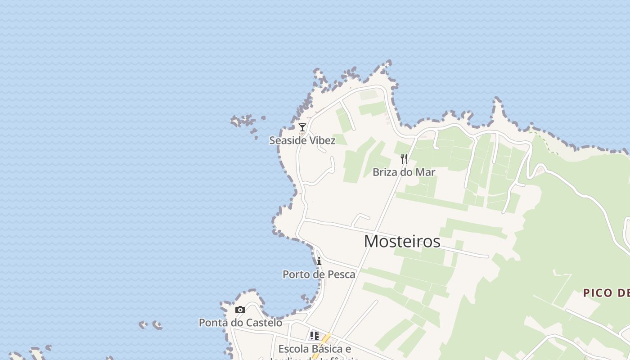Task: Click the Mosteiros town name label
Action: pos(402,242)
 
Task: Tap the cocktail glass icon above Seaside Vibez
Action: pos(302,127)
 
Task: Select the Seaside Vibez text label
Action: pos(302,140)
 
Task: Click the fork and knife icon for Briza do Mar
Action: pos(404,159)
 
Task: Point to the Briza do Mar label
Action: pos(404,172)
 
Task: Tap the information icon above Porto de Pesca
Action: pos(319,261)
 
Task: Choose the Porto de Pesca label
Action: pos(319,274)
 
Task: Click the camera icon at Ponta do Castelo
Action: pos(240,310)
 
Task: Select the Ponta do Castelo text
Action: pos(241,323)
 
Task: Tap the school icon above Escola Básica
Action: pos(314,336)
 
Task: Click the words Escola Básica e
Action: pos(315,349)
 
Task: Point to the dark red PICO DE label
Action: pos(606,293)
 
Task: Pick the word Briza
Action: pos(384,172)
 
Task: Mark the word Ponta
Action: pos(211,323)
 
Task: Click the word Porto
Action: pos(295,274)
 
